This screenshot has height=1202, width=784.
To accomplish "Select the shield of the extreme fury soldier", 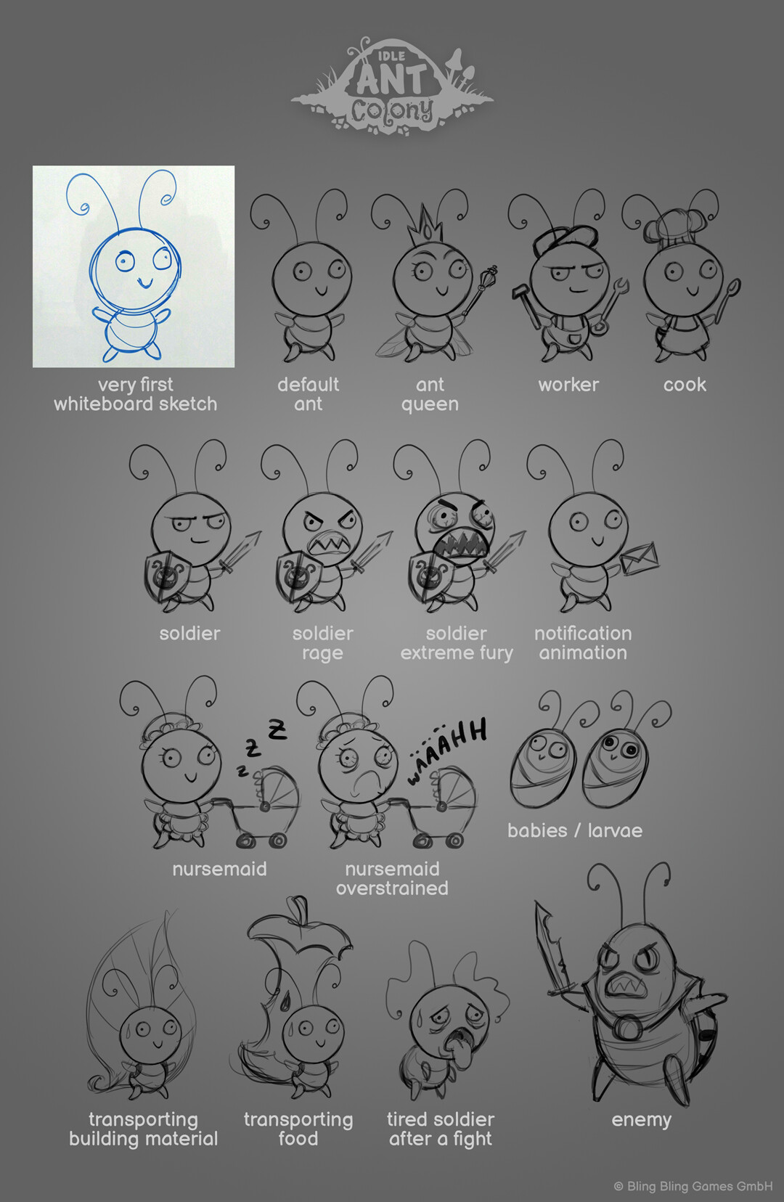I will click(x=428, y=576).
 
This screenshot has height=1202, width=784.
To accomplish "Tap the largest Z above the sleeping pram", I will click(x=277, y=729).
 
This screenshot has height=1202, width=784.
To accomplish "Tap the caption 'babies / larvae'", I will click(x=574, y=830).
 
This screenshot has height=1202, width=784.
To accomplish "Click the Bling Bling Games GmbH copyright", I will click(x=693, y=1186).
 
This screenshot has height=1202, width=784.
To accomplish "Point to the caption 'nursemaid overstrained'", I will click(x=392, y=878).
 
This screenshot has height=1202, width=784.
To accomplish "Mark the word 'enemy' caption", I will click(x=641, y=1119).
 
